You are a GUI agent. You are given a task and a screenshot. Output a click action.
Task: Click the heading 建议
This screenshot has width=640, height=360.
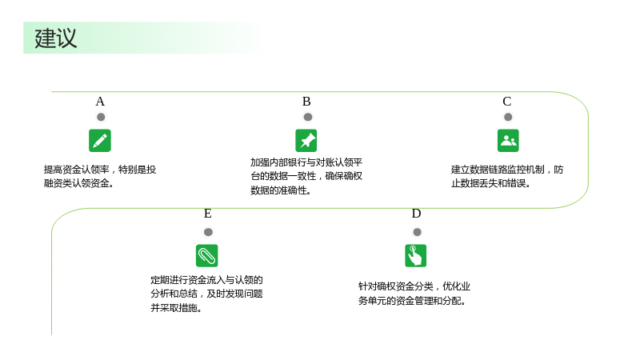click(x=55, y=38)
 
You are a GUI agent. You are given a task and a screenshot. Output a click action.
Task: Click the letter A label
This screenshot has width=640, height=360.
click(x=100, y=102)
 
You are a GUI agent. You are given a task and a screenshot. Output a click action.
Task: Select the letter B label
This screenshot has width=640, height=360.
click(x=306, y=102)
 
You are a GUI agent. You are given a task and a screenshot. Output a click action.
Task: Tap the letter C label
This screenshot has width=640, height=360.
click(x=507, y=102)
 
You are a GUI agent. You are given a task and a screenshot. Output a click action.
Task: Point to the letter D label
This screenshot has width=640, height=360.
click(x=416, y=214)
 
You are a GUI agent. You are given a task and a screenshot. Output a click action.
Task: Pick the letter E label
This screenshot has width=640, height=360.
click(x=208, y=214)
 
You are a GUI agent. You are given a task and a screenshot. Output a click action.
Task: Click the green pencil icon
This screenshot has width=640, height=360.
click(x=100, y=141)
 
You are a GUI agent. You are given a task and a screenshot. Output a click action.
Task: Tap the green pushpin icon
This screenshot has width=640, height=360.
click(x=306, y=141)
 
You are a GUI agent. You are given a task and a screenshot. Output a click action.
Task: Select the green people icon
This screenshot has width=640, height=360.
click(x=508, y=141)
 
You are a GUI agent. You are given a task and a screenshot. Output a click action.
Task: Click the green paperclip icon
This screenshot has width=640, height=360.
click(x=207, y=255)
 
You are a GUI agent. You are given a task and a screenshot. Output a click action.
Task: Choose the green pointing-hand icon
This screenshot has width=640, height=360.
click(x=415, y=255)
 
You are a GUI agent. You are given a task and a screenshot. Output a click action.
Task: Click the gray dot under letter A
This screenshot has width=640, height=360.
click(x=101, y=117)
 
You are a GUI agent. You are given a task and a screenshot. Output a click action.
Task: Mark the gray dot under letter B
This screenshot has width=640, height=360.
click(x=308, y=117)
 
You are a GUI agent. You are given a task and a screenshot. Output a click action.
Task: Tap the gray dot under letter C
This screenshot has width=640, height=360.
click(x=508, y=117)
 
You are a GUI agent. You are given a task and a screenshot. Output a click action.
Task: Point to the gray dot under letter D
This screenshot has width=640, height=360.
click(x=417, y=232)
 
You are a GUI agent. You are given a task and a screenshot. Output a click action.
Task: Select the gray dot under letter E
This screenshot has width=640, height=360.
click(x=208, y=232)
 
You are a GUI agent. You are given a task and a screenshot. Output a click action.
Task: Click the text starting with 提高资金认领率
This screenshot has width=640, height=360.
click(x=100, y=176)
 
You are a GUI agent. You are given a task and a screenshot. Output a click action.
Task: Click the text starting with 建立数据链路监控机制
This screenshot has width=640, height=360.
click(x=507, y=176)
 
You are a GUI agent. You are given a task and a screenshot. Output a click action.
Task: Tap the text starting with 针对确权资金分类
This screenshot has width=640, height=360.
click(x=414, y=294)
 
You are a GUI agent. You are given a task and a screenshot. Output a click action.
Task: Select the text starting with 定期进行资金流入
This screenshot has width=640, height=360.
click(x=206, y=294)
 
